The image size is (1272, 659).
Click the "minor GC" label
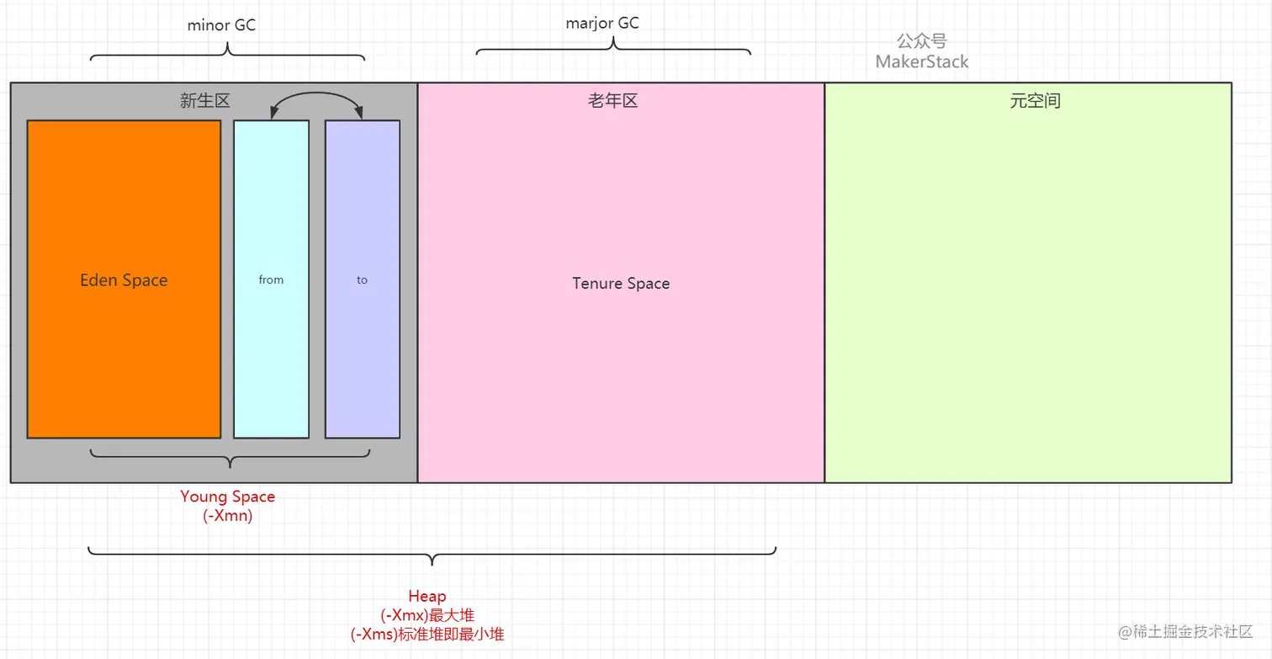(x=221, y=25)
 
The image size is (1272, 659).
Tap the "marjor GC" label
(x=602, y=23)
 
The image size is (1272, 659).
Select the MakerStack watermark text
(x=922, y=62)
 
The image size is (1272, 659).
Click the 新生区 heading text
(x=205, y=101)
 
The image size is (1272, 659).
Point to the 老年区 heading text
(x=612, y=101)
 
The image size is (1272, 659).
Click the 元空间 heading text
(x=1035, y=101)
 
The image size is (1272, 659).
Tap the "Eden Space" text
(x=124, y=280)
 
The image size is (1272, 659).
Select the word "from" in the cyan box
(x=271, y=279)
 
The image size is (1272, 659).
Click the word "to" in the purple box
(x=362, y=280)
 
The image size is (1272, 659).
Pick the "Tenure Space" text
(x=621, y=284)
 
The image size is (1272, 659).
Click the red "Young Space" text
(x=227, y=497)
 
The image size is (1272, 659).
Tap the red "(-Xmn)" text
(x=227, y=516)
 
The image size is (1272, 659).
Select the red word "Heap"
(x=427, y=597)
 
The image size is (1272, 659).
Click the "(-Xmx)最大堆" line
(x=427, y=615)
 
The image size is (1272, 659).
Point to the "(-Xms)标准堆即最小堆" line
(x=427, y=635)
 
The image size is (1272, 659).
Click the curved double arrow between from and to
(x=316, y=95)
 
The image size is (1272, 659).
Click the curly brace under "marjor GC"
(x=613, y=47)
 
